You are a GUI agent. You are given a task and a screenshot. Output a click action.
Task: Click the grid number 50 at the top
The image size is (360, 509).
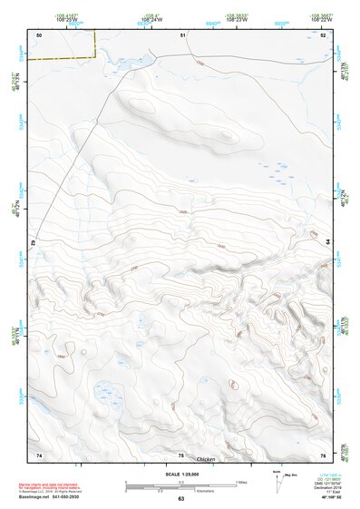click(40, 34)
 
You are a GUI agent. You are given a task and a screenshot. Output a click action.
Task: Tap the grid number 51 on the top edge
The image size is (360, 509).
click(183, 34)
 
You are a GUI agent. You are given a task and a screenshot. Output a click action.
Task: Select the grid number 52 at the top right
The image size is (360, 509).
click(325, 34)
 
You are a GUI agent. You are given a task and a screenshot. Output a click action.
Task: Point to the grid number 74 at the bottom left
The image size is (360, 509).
click(39, 454)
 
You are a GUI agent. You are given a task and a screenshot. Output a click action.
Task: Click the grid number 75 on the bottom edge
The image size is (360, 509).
click(181, 454)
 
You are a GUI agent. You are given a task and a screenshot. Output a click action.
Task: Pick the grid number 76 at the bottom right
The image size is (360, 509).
click(323, 454)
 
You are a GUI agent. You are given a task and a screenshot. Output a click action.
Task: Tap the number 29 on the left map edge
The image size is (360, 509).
click(32, 243)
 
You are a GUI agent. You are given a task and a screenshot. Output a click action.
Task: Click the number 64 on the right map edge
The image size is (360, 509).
click(327, 240)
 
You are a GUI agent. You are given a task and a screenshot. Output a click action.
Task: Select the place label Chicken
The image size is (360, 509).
click(207, 461)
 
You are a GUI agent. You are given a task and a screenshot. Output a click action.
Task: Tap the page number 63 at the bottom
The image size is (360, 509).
click(180, 499)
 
